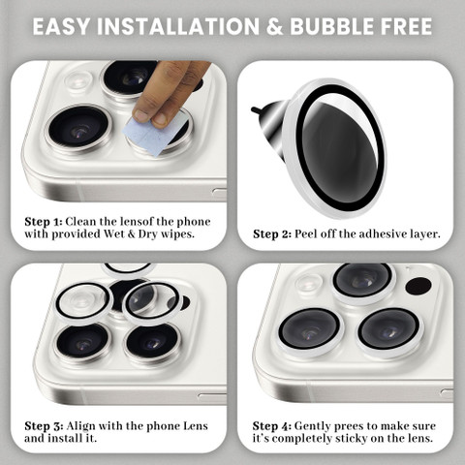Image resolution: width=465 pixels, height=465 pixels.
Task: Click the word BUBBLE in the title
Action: coord(328,26)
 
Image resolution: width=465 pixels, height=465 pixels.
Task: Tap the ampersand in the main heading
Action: coord(274,26)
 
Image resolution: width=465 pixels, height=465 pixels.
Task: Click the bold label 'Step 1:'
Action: coord(43,222)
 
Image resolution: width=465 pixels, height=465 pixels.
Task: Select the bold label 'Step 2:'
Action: coord(272,234)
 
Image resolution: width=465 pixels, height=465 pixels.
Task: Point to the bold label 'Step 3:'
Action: coord(44,426)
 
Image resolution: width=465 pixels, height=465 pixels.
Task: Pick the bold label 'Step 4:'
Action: coord(272,426)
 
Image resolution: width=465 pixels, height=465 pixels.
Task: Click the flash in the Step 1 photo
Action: coord(77,80)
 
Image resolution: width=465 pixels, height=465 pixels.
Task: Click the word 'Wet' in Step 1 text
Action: coord(114,233)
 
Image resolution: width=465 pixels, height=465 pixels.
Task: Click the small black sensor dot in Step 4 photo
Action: coord(418,286)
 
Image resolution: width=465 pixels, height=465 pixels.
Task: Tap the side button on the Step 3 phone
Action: coord(212,396)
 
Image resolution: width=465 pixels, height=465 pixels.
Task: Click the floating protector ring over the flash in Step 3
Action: coord(84,302)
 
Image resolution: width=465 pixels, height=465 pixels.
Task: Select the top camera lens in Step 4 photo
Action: coord(362,281)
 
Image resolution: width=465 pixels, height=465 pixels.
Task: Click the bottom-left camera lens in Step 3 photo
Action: coord(82,343)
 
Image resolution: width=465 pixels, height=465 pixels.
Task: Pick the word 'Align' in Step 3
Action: coord(81,427)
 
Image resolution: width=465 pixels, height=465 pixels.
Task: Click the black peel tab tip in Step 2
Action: coord(254,109)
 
